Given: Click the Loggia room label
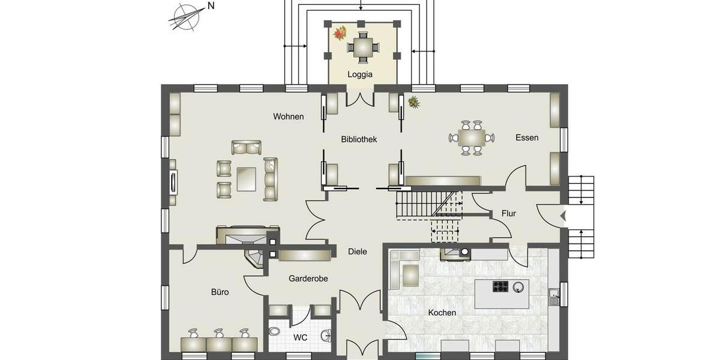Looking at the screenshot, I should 360,75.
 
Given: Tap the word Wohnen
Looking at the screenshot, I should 288,116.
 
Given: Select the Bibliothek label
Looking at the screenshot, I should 359,139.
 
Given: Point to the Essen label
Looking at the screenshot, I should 527,137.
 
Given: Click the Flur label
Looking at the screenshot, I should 509,214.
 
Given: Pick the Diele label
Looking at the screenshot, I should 358,252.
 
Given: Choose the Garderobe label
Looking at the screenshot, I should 308,278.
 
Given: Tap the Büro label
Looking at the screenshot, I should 220,292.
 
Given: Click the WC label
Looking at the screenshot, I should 301,338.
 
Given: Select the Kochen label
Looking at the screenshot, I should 442,313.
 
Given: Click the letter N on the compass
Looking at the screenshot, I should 211,6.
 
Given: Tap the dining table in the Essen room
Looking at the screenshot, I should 472,138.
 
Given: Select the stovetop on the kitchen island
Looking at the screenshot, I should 500,286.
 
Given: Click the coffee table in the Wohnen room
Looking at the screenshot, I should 246,178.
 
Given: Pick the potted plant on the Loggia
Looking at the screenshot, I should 340,32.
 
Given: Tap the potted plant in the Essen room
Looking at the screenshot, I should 413,102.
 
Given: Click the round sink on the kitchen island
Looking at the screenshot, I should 518,287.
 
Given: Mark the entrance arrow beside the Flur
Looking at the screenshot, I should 563,215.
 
